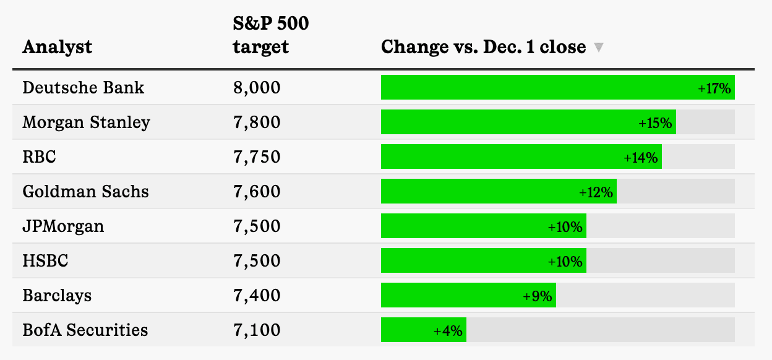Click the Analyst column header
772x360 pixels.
click(57, 47)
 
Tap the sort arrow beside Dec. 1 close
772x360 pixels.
click(598, 48)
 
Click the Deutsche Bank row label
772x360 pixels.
click(83, 87)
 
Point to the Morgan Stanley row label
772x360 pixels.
click(86, 122)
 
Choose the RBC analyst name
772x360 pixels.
click(39, 156)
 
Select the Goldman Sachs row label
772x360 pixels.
click(85, 191)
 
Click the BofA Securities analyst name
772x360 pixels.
click(85, 330)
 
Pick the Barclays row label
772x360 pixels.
click(57, 295)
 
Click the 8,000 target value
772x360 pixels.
click(256, 87)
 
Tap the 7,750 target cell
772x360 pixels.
click(256, 156)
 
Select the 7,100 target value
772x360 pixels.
click(256, 330)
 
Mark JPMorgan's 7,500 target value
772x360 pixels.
click(256, 226)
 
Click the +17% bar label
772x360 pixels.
click(714, 88)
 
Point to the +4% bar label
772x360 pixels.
click(448, 330)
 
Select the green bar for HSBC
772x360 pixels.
click(464, 261)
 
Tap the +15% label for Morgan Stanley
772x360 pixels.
click(655, 122)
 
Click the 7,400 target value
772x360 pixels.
click(256, 295)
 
